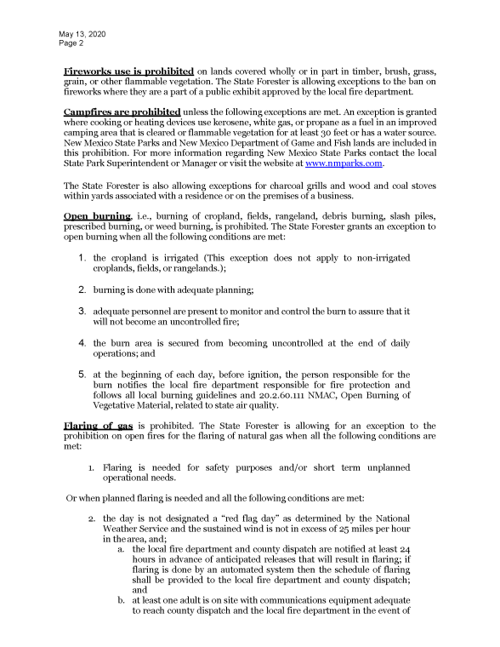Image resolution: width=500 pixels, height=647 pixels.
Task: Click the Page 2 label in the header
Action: click(71, 43)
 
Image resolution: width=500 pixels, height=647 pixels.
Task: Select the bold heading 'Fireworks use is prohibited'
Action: click(129, 72)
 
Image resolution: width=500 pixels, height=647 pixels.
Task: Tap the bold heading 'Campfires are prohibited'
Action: click(122, 112)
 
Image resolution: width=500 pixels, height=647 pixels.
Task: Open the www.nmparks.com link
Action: click(344, 163)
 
